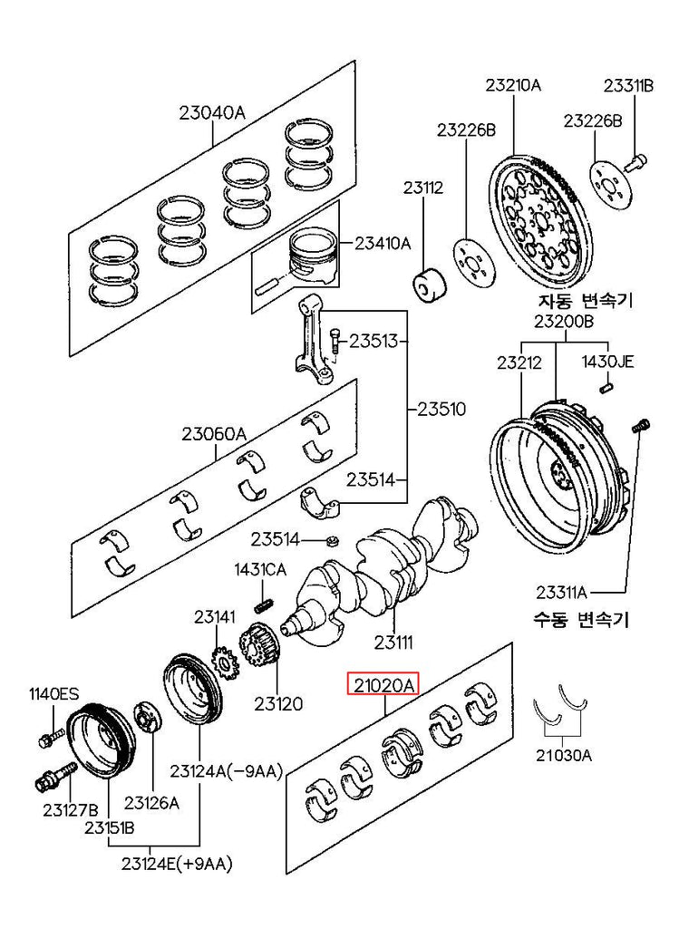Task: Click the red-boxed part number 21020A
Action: coord(384,686)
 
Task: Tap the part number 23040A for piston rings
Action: coord(212,113)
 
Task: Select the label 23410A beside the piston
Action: coord(383,243)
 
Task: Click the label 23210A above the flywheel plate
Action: coord(512,86)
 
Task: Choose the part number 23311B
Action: coord(629,86)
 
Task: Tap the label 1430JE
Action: coord(607,362)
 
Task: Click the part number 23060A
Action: coord(213,434)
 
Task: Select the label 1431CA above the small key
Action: coord(260,570)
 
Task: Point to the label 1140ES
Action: coord(53,694)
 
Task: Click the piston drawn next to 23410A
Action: coord(313,253)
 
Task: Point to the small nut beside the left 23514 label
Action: coord(331,542)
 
